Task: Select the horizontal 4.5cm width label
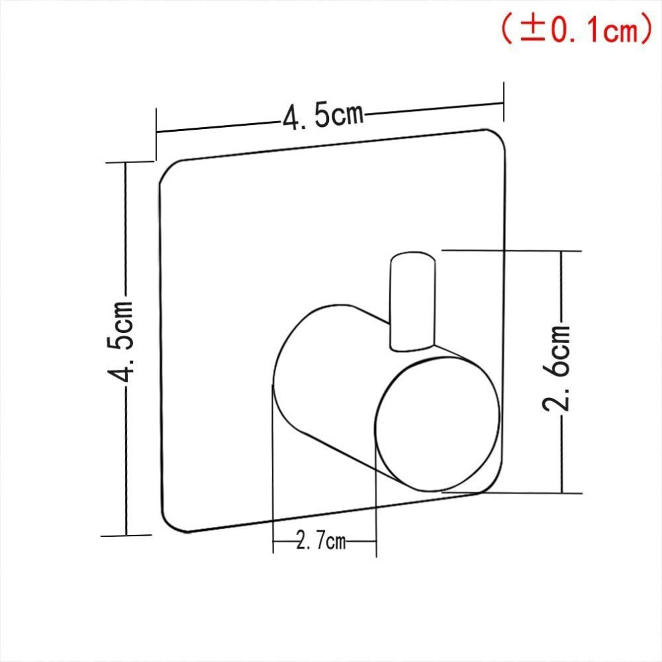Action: coord(323,116)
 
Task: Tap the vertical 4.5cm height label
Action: coord(121,341)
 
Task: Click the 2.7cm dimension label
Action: coord(321,540)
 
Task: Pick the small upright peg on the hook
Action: coord(413,302)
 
